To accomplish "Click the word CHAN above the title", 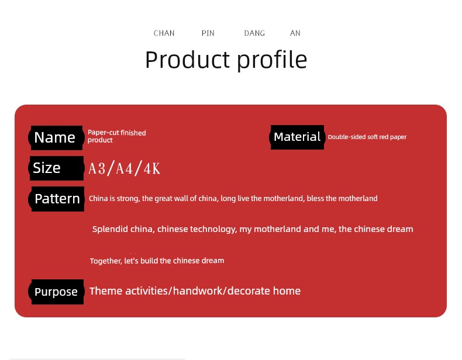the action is (x=164, y=33).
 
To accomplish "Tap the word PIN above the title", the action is (x=208, y=33).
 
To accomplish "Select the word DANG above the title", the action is (x=254, y=33).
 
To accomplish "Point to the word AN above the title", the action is (x=295, y=33).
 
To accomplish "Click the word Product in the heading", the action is (x=187, y=60).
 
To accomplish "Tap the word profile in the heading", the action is (x=272, y=60).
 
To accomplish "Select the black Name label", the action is (x=56, y=138).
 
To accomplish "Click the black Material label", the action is (x=297, y=137).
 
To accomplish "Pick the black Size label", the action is (x=56, y=168).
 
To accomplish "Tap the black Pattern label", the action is (x=57, y=199).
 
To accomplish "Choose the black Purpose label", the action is (x=56, y=292).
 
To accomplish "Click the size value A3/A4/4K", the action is (x=125, y=169).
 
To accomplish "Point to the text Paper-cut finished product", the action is (x=117, y=136).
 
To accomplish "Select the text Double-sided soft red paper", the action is (x=367, y=137).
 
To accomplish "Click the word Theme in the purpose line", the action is (x=106, y=291).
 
